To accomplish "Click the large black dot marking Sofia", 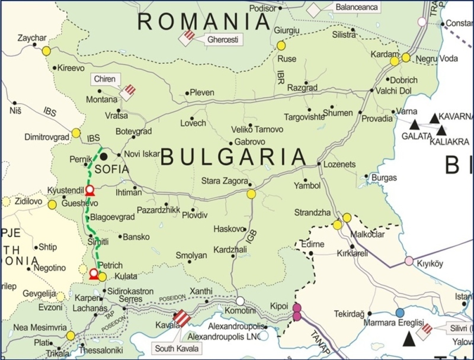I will [x=104, y=156].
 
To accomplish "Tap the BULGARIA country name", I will [x=234, y=157].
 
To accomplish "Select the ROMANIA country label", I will [x=204, y=22].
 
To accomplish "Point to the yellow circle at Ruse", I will [x=281, y=46].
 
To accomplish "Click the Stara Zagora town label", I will [x=223, y=179].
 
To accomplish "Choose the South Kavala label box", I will [x=172, y=348].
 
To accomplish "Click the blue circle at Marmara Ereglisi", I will [x=400, y=312].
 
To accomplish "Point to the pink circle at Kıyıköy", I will [x=409, y=261].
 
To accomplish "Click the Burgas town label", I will [x=385, y=177].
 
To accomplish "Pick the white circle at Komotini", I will [x=241, y=301].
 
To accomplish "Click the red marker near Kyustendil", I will [x=89, y=190].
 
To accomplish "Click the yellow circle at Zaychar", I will [x=46, y=51].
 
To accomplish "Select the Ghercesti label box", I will [x=222, y=40].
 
